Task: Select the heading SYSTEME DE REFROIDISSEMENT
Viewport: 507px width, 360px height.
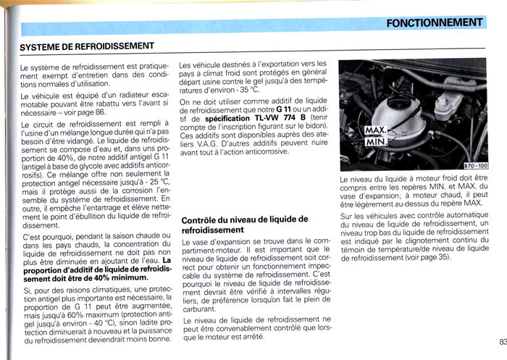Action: (x=86, y=46)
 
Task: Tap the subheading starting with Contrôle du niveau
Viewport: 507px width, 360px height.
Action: (x=244, y=224)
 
